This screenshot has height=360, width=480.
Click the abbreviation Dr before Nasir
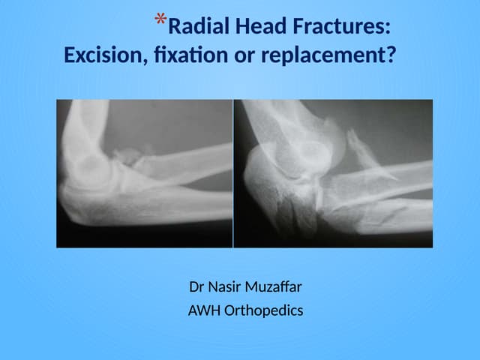(199, 287)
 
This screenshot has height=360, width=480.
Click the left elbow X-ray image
(144, 173)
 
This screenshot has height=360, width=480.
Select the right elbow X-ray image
(334, 173)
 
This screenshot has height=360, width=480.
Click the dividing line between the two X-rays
(233, 173)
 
